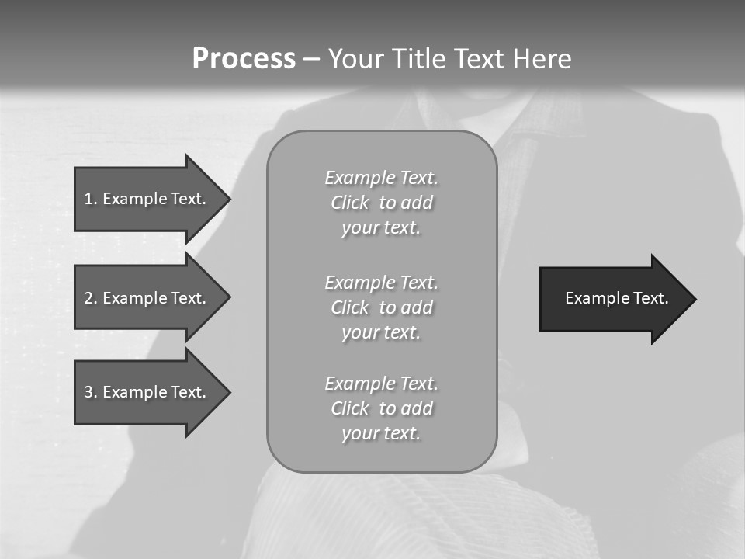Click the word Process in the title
point(244,59)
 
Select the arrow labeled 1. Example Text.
point(147,199)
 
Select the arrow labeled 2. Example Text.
point(147,298)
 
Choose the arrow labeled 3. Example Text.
point(147,392)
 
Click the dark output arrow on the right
point(613,298)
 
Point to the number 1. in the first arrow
point(91,199)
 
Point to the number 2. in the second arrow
point(91,298)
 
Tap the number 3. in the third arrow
point(91,392)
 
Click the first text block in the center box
point(381,203)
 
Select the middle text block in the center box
point(381,307)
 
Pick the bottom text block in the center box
point(381,408)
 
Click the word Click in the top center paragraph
point(350,203)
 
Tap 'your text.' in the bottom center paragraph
point(381,433)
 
